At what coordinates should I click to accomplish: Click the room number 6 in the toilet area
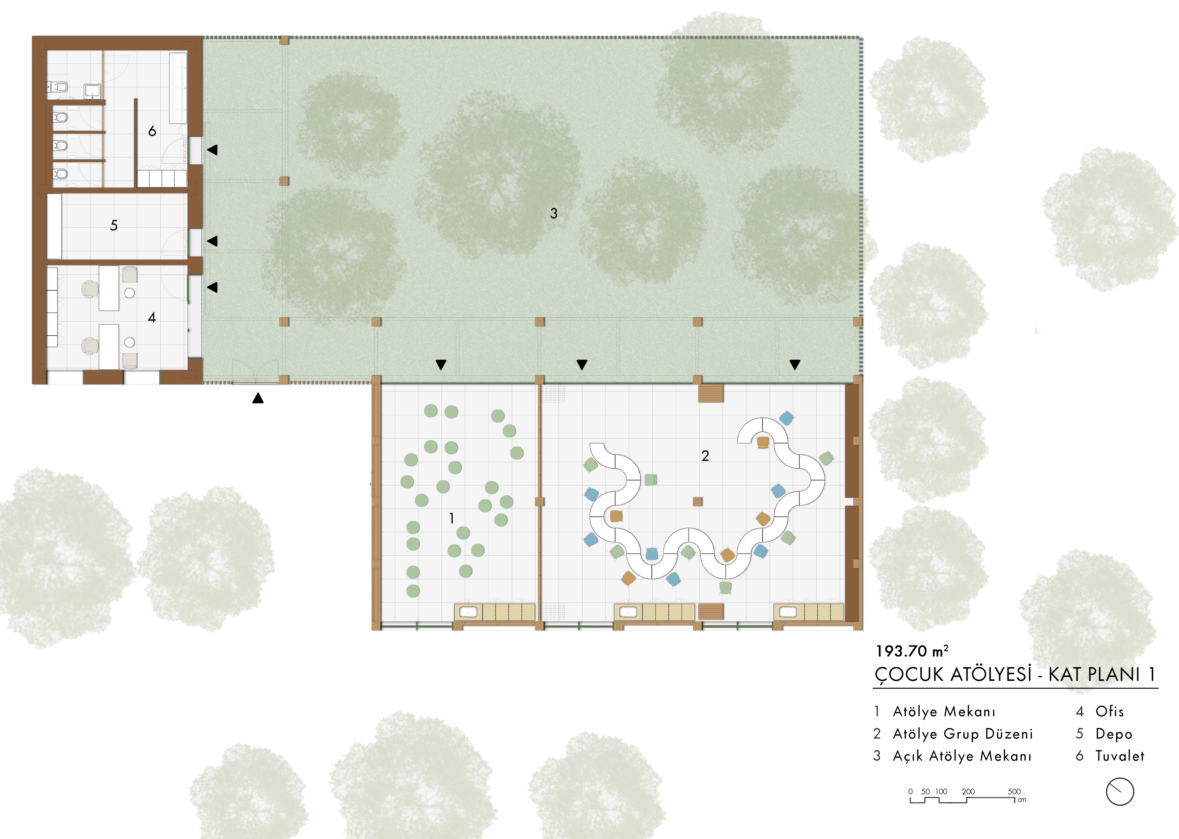(x=152, y=131)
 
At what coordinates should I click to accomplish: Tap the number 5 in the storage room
(x=114, y=225)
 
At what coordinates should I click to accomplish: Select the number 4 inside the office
(x=151, y=317)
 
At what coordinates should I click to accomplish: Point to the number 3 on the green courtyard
(x=554, y=213)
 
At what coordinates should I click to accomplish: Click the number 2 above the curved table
(x=705, y=456)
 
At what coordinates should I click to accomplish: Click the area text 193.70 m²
(x=912, y=651)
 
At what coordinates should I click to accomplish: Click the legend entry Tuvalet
(x=1120, y=756)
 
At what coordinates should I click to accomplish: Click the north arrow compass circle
(x=1120, y=791)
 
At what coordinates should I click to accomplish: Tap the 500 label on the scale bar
(x=1014, y=791)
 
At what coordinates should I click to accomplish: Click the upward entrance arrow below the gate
(x=258, y=398)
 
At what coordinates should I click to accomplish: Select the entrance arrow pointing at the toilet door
(x=212, y=150)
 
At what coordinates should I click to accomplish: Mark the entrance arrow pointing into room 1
(x=441, y=365)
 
